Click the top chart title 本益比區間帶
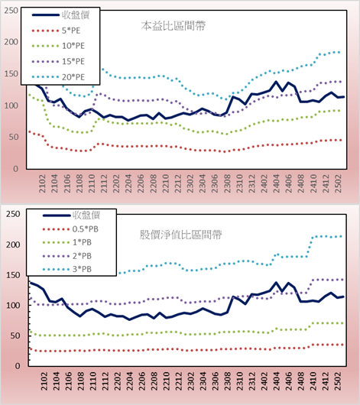(x=174, y=26)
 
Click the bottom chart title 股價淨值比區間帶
(x=180, y=235)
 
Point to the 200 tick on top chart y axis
(x=11, y=42)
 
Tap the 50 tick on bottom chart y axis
(x=15, y=335)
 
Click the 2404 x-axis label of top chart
(x=276, y=183)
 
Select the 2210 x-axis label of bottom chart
(x=167, y=381)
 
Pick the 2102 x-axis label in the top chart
(x=42, y=183)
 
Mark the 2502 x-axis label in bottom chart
(x=338, y=381)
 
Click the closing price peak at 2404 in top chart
(x=276, y=82)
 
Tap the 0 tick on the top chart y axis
(x=16, y=169)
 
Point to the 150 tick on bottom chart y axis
(x=13, y=275)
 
